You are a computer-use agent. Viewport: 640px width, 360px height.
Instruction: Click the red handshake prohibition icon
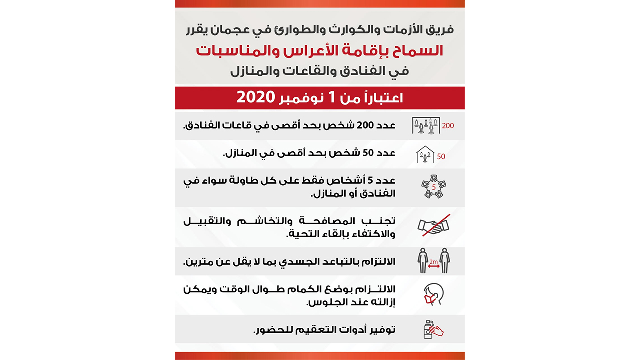coord(433,226)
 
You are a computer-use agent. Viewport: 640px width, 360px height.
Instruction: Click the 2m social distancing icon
coord(433,260)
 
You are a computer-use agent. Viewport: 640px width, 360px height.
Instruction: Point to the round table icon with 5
coord(433,187)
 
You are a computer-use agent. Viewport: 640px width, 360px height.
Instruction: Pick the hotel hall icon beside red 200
coord(425,125)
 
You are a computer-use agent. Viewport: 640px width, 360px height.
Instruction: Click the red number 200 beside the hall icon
coord(448,126)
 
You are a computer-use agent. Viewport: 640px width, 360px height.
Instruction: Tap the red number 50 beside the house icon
coord(441,157)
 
